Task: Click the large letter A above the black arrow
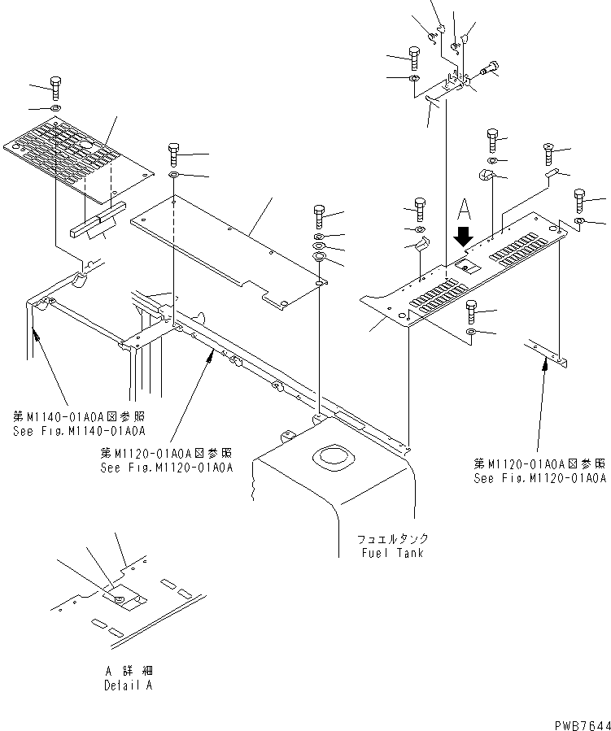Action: (464, 209)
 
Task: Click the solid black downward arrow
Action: (463, 237)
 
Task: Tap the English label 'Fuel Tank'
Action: (392, 554)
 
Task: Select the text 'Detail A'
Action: (129, 685)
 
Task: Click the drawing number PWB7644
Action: (583, 725)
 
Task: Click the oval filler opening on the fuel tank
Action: (333, 457)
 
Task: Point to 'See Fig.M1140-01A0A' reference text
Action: (79, 431)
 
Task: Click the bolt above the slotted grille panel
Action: (56, 88)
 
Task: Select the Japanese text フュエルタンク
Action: (393, 539)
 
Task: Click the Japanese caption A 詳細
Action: (129, 671)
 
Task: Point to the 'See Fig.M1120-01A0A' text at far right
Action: (540, 478)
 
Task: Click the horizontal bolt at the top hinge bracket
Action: (488, 68)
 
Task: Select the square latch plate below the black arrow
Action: (467, 267)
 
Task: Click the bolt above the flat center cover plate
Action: (174, 154)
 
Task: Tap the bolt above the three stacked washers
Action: (320, 216)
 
